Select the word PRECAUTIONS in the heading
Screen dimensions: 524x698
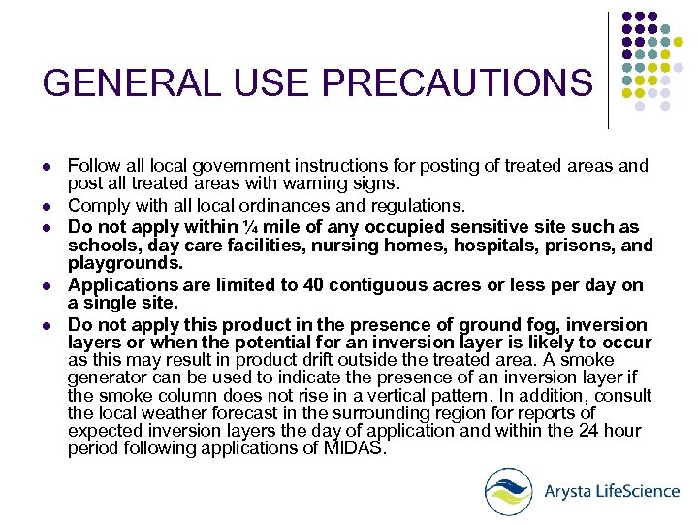[457, 83]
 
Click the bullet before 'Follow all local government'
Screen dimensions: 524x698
[48, 166]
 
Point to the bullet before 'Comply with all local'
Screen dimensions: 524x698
[48, 206]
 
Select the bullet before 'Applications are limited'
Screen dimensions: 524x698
[48, 285]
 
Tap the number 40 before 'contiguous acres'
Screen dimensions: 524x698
[313, 285]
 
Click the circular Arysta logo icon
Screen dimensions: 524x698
[508, 491]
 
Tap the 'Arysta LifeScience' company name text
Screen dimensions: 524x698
[612, 490]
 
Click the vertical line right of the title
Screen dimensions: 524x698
[608, 70]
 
